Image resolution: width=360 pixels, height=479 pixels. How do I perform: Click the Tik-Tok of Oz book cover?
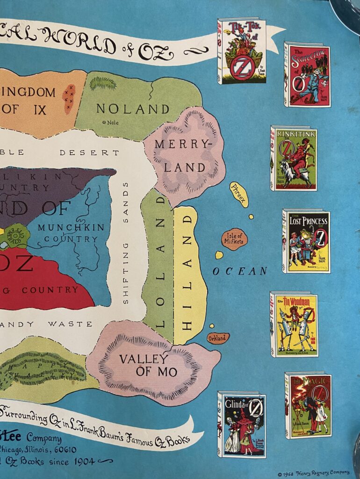click(x=242, y=51)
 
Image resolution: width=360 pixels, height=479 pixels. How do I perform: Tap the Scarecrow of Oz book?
click(x=307, y=75)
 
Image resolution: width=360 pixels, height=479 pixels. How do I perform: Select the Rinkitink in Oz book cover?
click(x=294, y=159)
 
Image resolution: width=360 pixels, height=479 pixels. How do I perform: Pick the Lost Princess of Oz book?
click(x=306, y=241)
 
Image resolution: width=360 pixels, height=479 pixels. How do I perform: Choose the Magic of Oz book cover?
click(x=308, y=405)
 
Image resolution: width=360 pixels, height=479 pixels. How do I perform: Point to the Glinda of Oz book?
click(x=242, y=424)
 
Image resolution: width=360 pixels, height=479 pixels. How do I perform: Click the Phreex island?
click(x=238, y=194)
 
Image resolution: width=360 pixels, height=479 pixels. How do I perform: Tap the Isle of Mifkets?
click(x=234, y=239)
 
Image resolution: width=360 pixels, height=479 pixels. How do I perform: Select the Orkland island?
click(x=218, y=338)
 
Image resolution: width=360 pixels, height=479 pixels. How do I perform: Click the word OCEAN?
click(x=240, y=271)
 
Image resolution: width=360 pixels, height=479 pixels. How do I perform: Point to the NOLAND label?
click(x=133, y=109)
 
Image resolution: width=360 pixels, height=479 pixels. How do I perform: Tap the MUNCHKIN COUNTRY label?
click(x=68, y=233)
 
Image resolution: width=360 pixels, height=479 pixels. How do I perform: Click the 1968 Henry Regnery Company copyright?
click(x=313, y=472)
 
